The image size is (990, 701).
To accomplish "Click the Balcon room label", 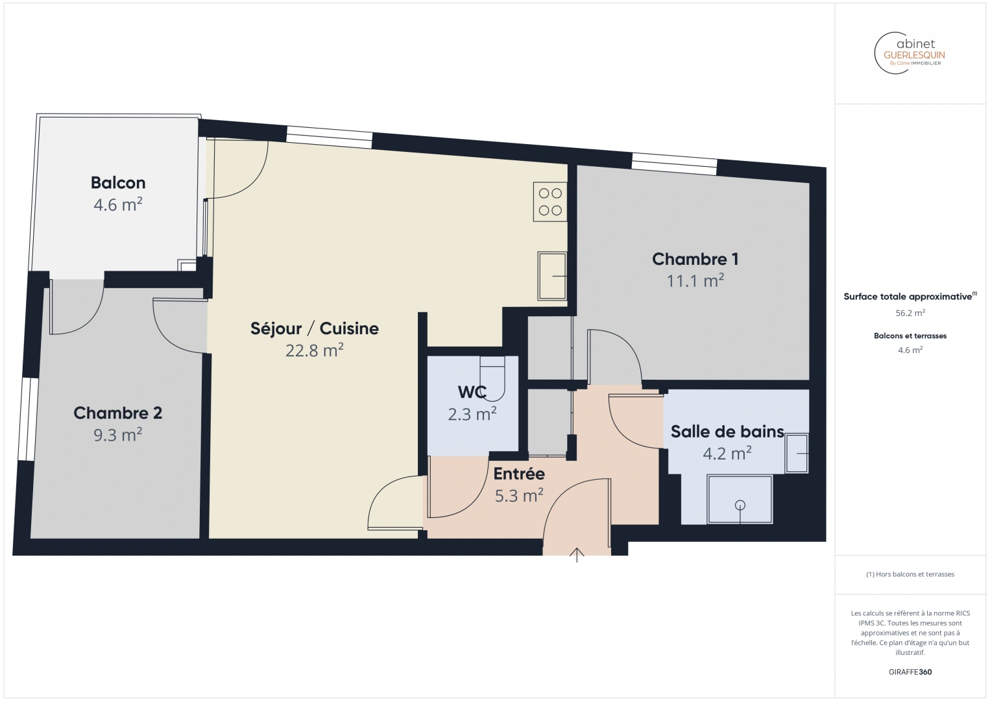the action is point(118,182).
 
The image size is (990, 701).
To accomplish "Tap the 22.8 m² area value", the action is point(314,350).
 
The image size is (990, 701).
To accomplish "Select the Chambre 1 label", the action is point(695,259).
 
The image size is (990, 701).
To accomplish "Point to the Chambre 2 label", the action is point(118,413).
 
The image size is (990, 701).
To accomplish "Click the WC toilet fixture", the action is point(492,378).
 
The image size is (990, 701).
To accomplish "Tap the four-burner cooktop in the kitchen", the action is point(550,202).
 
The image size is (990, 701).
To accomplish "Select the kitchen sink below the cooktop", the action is point(552,276).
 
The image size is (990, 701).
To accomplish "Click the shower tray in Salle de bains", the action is point(740,499).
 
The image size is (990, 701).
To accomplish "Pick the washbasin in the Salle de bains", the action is point(797,453).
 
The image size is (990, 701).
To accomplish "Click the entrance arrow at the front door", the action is point(577,555).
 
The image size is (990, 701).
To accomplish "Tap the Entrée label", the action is point(519,474).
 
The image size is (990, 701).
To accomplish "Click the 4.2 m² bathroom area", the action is point(727,453).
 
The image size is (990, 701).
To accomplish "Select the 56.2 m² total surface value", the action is point(910,313).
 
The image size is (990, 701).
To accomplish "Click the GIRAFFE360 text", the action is point(910,672).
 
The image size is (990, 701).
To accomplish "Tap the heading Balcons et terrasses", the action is point(910,336).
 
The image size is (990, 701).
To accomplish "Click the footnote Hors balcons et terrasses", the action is point(910,574).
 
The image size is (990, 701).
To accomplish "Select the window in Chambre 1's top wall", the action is point(674,164).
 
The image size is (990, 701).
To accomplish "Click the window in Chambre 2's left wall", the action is point(28,419).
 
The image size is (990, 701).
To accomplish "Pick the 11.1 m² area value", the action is point(695,281).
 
